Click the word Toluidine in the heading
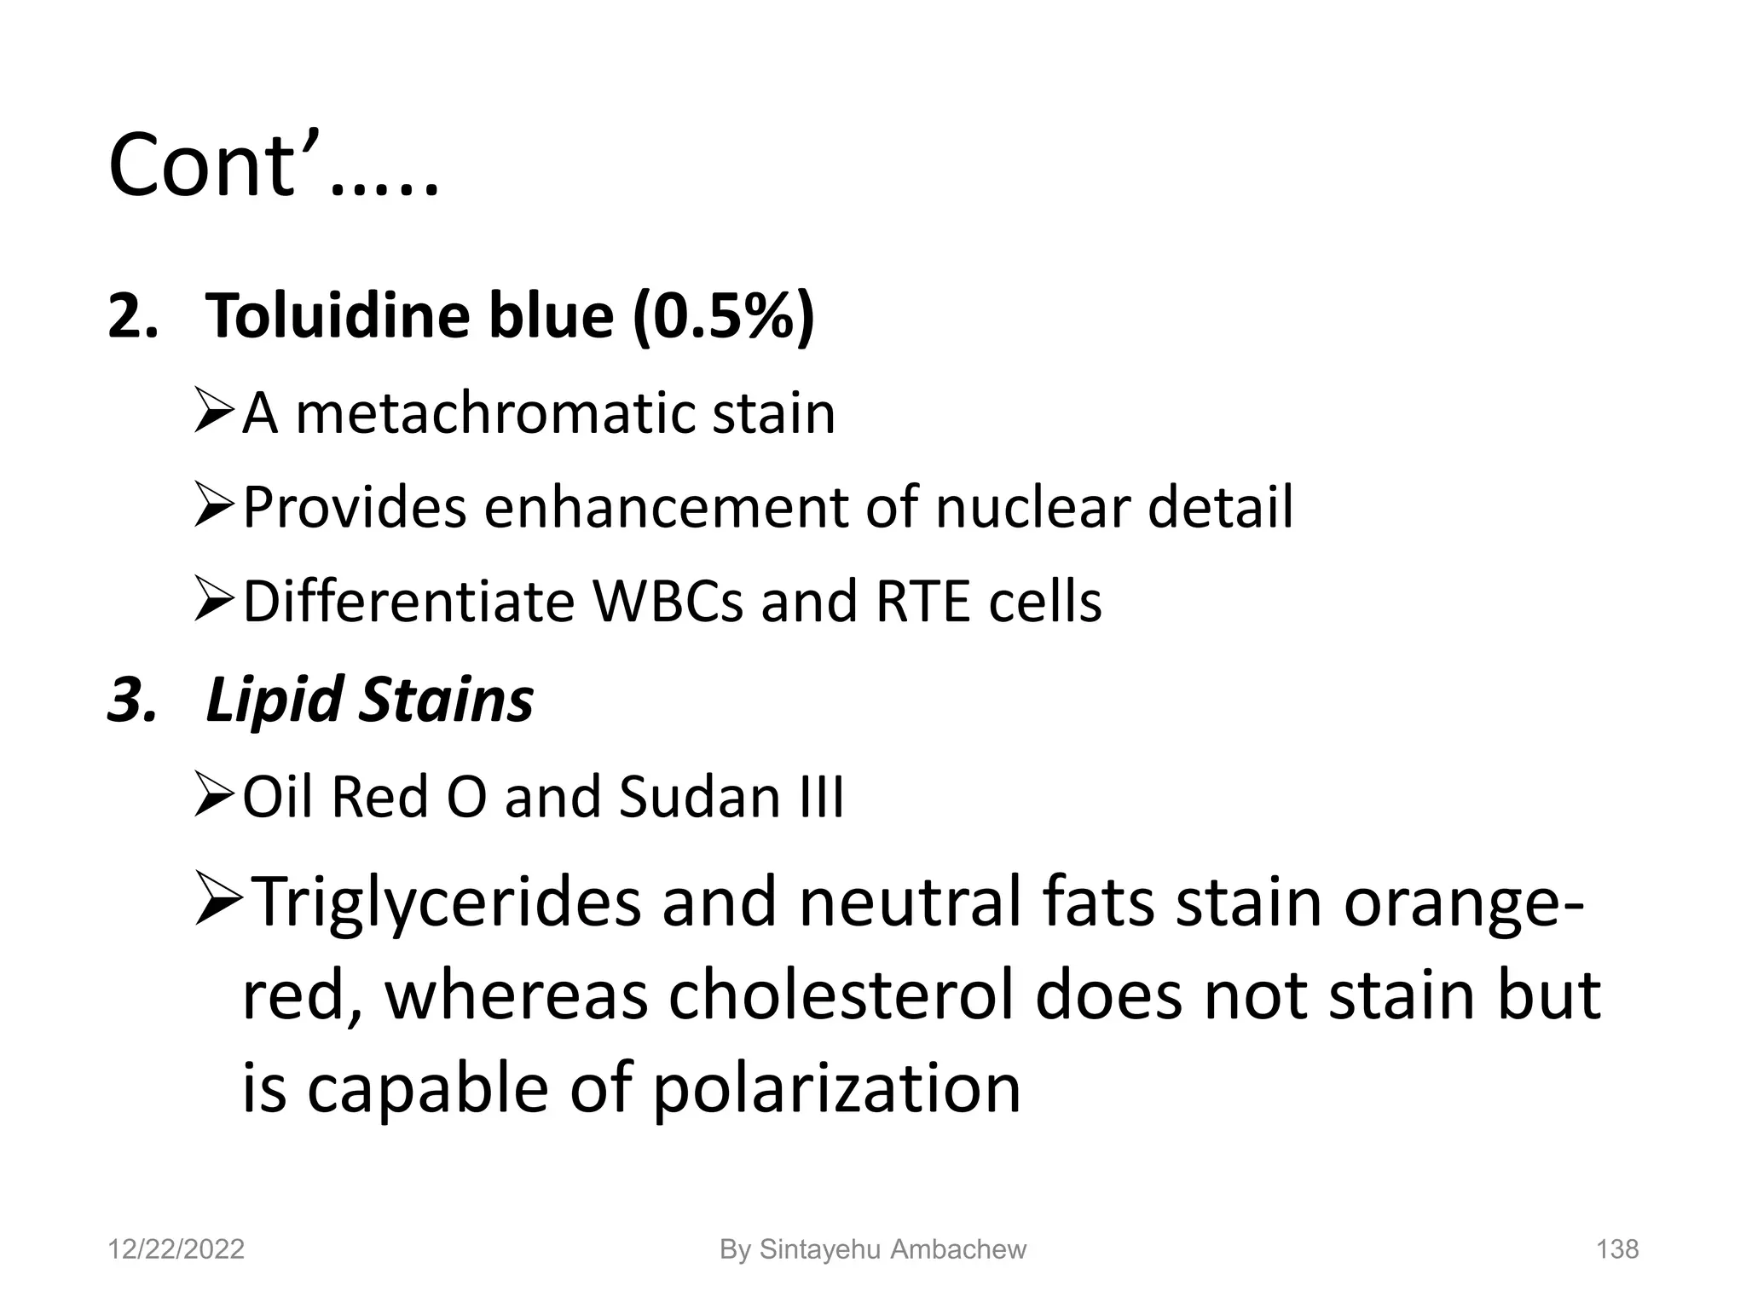click(337, 315)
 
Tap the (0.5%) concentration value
click(724, 315)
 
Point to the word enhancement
click(665, 508)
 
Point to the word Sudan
click(699, 798)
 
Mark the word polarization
click(835, 1089)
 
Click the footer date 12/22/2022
click(176, 1249)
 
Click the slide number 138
click(1616, 1249)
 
